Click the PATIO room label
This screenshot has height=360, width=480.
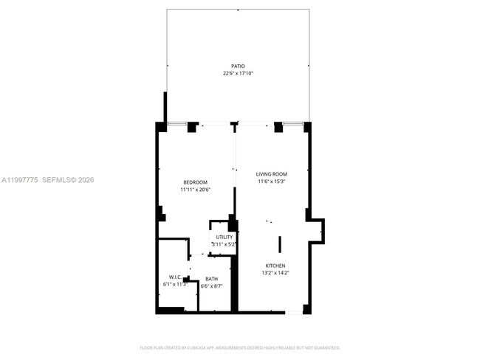(x=238, y=66)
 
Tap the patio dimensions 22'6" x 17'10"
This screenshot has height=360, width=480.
(x=238, y=74)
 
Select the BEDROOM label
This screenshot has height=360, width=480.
(x=196, y=182)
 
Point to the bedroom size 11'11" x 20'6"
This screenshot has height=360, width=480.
(x=196, y=190)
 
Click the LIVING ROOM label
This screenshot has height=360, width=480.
(x=271, y=174)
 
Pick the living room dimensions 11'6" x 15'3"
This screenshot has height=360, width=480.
(x=271, y=181)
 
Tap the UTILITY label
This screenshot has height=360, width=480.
(x=224, y=237)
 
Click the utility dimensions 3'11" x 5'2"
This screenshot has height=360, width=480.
(x=224, y=244)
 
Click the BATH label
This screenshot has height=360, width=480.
(x=211, y=279)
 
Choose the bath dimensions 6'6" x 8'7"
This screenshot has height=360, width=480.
(x=211, y=286)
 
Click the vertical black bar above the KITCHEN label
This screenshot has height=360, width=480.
(x=279, y=245)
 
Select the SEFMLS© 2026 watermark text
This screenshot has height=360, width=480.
(x=68, y=179)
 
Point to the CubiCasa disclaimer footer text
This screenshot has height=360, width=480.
(x=239, y=347)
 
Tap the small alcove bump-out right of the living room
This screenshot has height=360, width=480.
(x=318, y=229)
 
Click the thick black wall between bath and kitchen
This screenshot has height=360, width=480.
(x=236, y=284)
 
